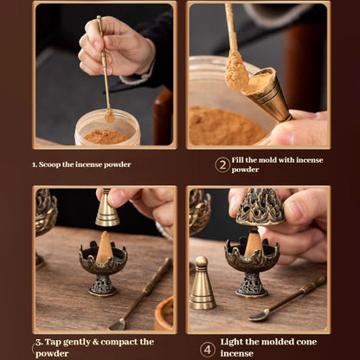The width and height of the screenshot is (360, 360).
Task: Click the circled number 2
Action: [222, 164]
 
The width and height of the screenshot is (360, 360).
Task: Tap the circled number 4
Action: [208, 349]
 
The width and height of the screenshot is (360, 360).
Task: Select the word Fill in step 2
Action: [241, 160]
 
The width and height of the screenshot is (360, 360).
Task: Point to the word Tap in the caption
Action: [57, 342]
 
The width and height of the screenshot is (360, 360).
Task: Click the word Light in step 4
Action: [236, 342]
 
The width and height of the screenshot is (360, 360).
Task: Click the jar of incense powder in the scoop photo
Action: [107, 128]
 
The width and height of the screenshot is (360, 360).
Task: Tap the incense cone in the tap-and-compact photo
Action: [104, 247]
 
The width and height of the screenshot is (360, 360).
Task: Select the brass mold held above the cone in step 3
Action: [107, 209]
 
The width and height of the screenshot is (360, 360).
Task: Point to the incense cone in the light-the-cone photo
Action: [253, 245]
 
